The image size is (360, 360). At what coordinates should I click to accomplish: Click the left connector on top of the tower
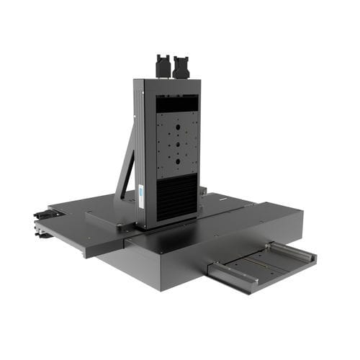pyautogui.click(x=163, y=66)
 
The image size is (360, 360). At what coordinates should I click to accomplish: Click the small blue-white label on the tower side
pyautogui.click(x=142, y=192)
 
